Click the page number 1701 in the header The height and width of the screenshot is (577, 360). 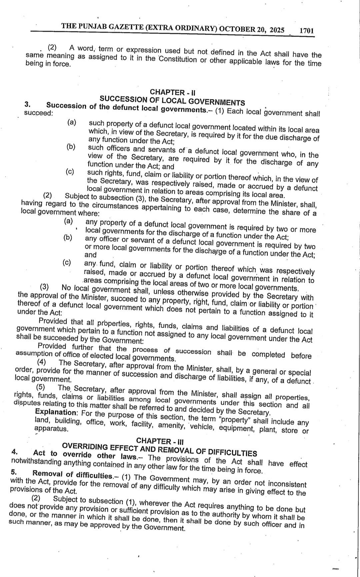click(x=307, y=31)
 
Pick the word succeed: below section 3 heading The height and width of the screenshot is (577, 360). click(x=38, y=113)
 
